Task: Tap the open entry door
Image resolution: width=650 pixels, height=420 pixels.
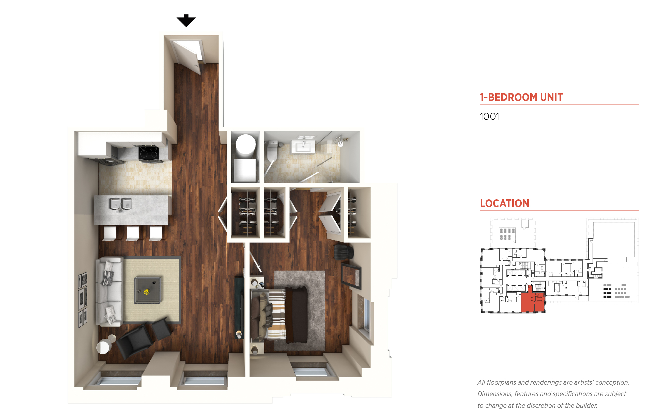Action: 187,56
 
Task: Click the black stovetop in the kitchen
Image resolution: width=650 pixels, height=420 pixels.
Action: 148,153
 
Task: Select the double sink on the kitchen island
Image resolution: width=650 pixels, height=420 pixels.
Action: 120,204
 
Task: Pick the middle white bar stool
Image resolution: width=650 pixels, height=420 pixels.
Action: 133,233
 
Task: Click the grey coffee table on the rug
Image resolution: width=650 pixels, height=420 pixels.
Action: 147,290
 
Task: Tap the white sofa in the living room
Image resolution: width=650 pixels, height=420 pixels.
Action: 109,291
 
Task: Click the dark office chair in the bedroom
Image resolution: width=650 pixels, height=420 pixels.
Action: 344,252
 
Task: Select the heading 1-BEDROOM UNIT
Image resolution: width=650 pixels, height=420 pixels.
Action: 521,97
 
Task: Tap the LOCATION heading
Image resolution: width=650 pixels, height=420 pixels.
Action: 505,203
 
